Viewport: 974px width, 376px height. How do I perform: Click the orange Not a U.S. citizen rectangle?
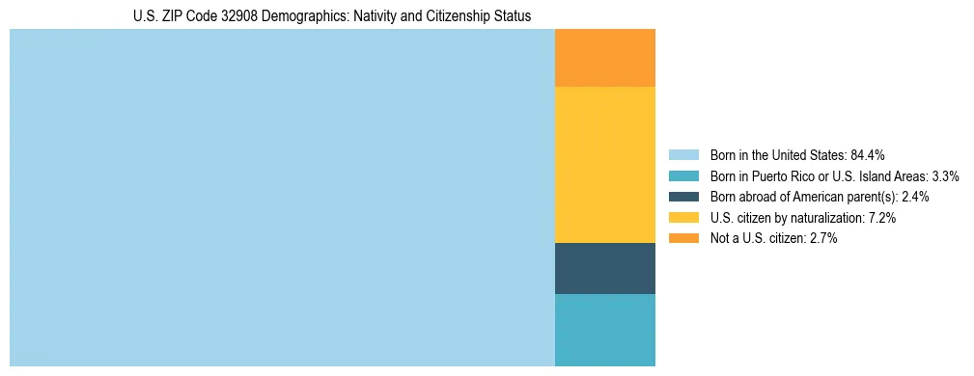coord(604,58)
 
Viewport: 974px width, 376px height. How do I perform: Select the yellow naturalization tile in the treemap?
coord(604,164)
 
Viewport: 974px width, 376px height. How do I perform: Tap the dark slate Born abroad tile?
coord(604,268)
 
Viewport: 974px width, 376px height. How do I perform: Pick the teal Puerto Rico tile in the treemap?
coord(604,330)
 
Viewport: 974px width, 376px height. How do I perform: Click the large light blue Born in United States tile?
coord(282,198)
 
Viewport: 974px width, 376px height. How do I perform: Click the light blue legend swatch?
coord(683,155)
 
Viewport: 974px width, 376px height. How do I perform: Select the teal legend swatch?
coord(683,176)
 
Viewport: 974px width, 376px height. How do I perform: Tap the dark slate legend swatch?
coord(683,197)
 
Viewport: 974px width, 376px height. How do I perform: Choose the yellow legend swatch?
coord(683,218)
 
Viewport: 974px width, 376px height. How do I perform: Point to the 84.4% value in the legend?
coord(867,155)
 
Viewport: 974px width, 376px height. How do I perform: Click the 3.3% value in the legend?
coord(944,176)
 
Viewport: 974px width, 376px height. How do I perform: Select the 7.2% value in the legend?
coord(882,218)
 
